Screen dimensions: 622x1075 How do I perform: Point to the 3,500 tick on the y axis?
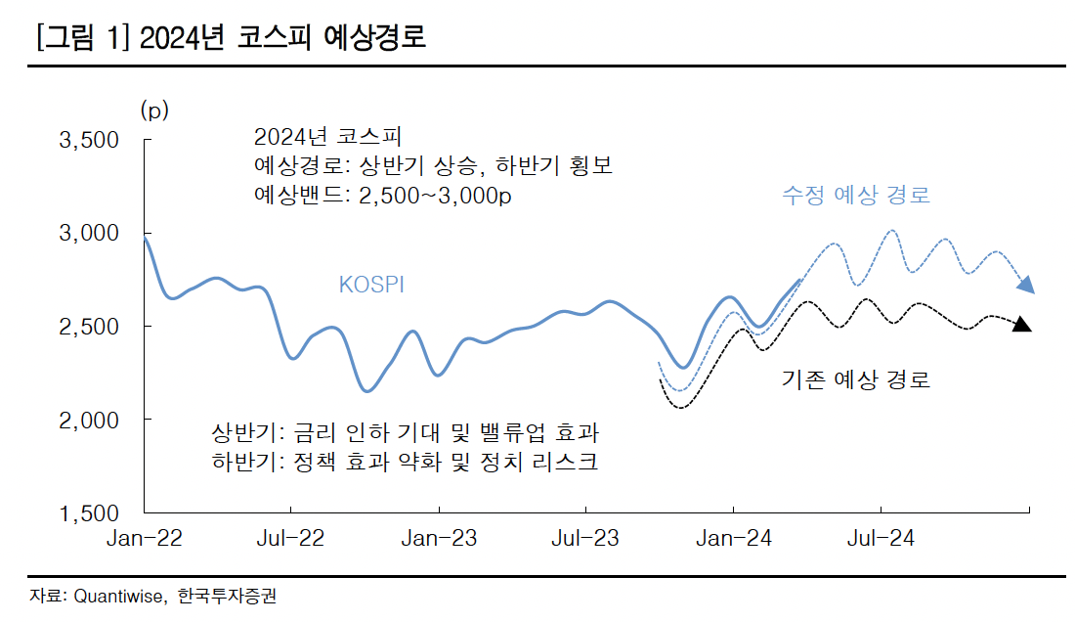coord(90,141)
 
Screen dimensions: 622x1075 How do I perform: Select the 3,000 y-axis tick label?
coord(90,234)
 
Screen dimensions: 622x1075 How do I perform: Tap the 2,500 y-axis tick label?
coord(90,327)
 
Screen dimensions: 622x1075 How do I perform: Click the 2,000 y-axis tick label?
coord(90,420)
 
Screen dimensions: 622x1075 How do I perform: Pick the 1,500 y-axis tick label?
coord(90,512)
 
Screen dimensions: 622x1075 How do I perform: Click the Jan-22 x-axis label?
coord(145,539)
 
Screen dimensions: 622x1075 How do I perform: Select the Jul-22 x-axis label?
coord(291,539)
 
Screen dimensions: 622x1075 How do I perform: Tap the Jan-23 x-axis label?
coord(439,539)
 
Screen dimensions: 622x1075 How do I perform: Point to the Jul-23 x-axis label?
coord(585,539)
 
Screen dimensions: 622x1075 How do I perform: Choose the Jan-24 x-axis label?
coord(733,539)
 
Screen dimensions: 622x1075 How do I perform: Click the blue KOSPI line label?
coord(371,285)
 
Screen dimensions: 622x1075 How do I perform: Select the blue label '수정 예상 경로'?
coord(855,195)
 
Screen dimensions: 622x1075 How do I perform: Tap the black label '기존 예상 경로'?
coord(855,378)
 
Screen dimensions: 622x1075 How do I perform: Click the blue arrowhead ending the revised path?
coord(1025,285)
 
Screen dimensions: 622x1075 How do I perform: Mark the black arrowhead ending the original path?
coord(1021,325)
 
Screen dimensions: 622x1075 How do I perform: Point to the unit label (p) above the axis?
coord(154,110)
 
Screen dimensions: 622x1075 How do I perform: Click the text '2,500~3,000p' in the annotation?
coord(436,195)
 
